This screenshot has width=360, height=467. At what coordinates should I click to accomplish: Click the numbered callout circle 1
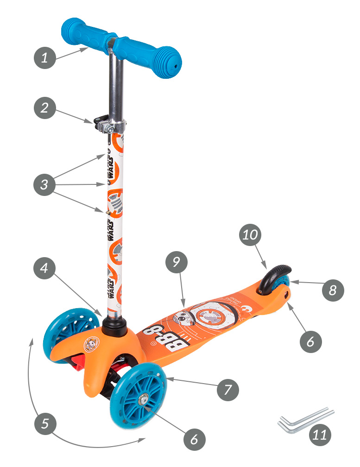coord(44,58)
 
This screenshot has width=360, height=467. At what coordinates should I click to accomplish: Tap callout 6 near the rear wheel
coord(310,341)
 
